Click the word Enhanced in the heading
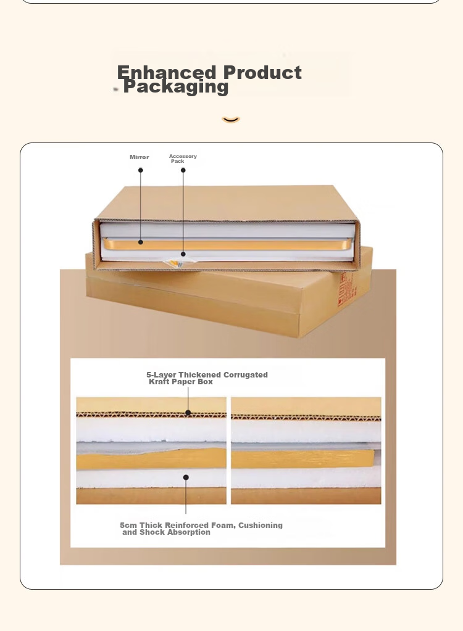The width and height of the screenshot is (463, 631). point(167,72)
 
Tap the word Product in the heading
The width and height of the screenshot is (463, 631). point(262,72)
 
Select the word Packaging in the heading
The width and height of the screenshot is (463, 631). point(176,86)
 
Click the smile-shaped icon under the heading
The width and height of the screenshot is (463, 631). point(231,120)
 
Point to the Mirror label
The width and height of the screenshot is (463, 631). point(140,157)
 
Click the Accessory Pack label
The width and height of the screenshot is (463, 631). point(183,159)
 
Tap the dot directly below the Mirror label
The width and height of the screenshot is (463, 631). point(141,170)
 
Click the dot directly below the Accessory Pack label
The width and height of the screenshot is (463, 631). point(183,170)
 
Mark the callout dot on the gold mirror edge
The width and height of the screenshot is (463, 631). point(141,242)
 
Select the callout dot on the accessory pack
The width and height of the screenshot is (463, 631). point(183,254)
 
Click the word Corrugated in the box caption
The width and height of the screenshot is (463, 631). point(246,375)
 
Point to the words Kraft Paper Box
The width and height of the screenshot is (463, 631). point(181,382)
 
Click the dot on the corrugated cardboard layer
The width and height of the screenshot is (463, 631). point(188,413)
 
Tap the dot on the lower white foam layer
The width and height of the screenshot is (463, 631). point(186,477)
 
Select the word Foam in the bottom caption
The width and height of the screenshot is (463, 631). point(224,526)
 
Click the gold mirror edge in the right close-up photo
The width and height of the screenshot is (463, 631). point(302,459)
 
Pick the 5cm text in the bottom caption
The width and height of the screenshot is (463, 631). point(128,526)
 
